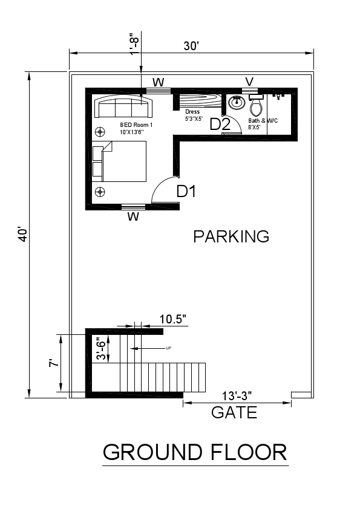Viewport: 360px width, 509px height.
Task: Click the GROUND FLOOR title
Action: click(x=195, y=452)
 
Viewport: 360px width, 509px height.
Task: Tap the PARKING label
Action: click(x=231, y=236)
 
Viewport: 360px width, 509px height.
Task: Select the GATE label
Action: click(x=234, y=413)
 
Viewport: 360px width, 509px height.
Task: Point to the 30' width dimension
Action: click(x=191, y=45)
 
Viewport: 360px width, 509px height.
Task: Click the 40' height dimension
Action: click(x=22, y=234)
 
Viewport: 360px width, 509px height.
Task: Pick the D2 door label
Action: click(x=220, y=125)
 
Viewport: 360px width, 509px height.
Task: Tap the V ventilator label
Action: click(x=249, y=81)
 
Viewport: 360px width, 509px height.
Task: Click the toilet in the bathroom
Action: click(x=256, y=107)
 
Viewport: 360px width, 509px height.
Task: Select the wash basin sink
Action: click(x=236, y=103)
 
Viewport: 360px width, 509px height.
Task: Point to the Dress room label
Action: click(x=193, y=111)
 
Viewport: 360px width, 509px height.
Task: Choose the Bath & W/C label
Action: click(x=263, y=121)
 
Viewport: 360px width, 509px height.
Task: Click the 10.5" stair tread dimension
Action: click(x=173, y=319)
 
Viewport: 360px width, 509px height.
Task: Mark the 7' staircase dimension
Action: click(x=54, y=363)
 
